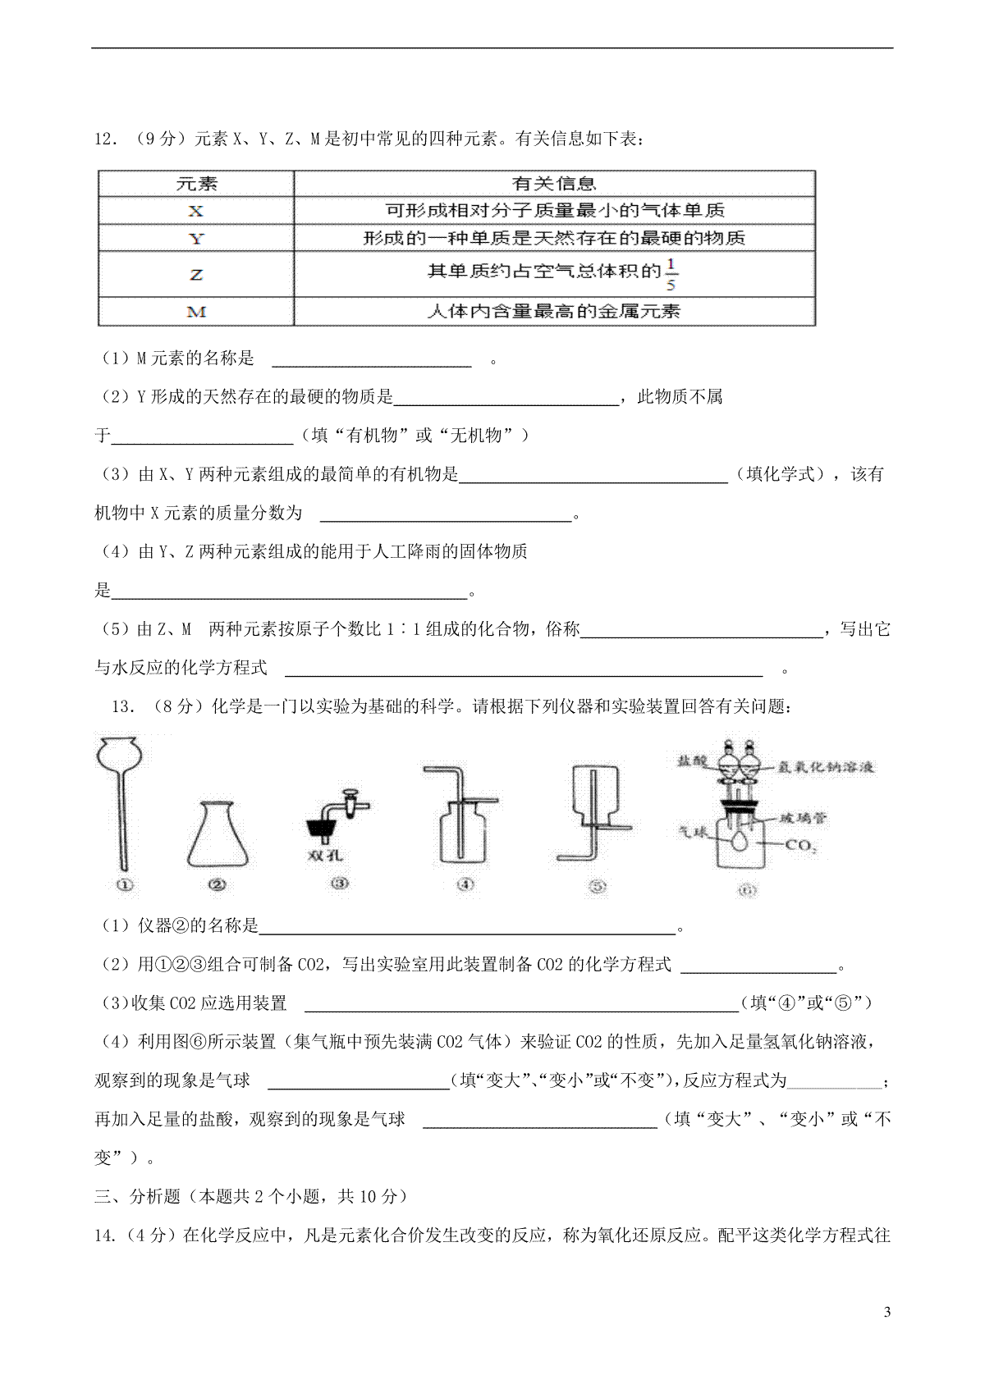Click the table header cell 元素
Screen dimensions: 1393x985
[x=195, y=183]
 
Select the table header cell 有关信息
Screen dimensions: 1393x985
[x=554, y=183]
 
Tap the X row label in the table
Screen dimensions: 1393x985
[x=195, y=211]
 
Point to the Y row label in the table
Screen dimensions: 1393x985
[x=195, y=239]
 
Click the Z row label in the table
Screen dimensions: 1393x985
[x=195, y=273]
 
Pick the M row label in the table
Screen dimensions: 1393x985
[x=195, y=312]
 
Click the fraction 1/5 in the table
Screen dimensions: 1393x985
[x=671, y=274]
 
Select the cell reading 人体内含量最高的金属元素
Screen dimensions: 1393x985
[x=554, y=312]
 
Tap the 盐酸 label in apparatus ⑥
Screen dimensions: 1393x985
[x=690, y=762]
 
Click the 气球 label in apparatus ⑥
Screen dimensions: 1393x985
[x=694, y=830]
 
